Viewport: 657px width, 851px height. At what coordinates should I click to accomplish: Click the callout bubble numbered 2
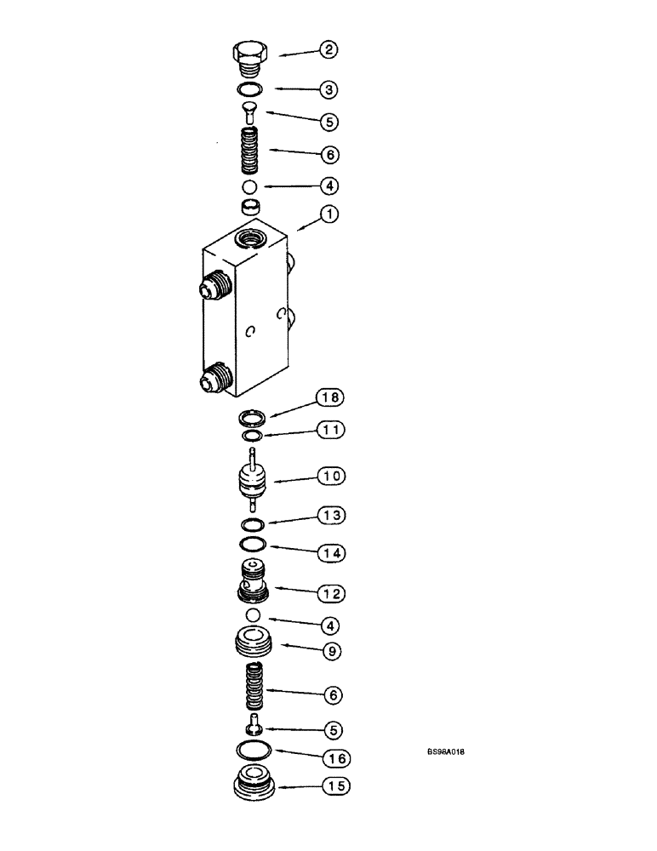tap(328, 50)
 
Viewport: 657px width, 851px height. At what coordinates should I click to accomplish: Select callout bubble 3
tap(328, 89)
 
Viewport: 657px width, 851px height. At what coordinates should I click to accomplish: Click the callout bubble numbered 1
tap(328, 215)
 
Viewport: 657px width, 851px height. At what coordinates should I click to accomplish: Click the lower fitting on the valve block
tap(216, 379)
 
